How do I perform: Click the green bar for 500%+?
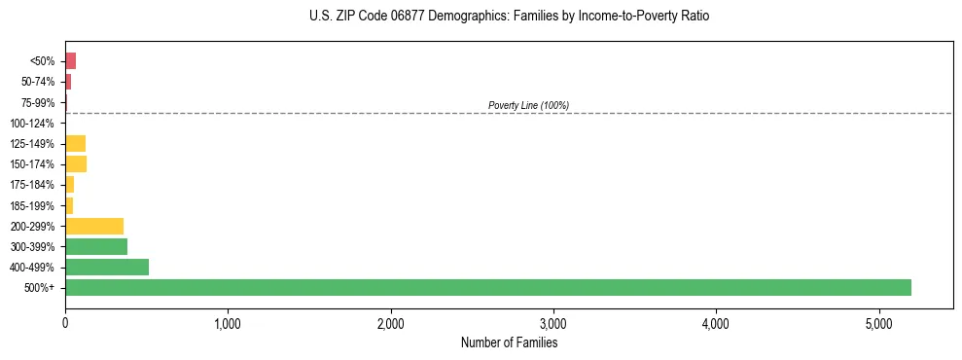[x=487, y=287]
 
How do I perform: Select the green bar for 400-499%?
[x=107, y=267]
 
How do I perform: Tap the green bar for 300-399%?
[x=96, y=246]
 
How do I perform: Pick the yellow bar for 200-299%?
[x=94, y=226]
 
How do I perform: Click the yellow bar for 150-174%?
[x=76, y=163]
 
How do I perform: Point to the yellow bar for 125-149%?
[x=75, y=143]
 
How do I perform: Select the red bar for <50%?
[x=70, y=61]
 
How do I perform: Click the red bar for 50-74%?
[x=68, y=82]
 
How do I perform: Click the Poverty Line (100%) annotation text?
[x=528, y=105]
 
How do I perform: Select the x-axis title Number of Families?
[x=509, y=342]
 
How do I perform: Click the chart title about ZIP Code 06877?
[x=509, y=17]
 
